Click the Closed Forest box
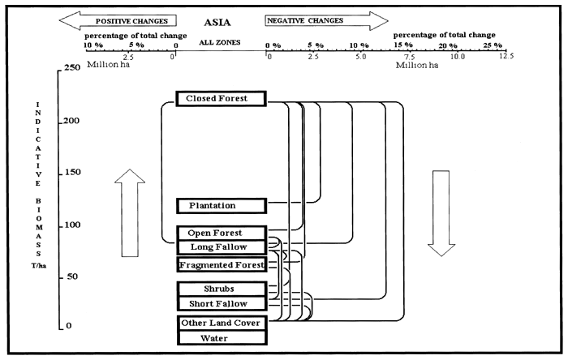click(221, 99)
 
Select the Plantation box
click(221, 206)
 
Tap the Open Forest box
click(221, 234)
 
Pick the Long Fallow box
click(221, 246)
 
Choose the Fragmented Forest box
click(221, 265)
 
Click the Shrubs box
click(221, 289)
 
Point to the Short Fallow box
click(221, 303)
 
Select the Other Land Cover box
click(221, 324)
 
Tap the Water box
click(221, 338)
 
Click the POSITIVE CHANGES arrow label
click(131, 19)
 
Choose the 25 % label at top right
click(493, 45)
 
